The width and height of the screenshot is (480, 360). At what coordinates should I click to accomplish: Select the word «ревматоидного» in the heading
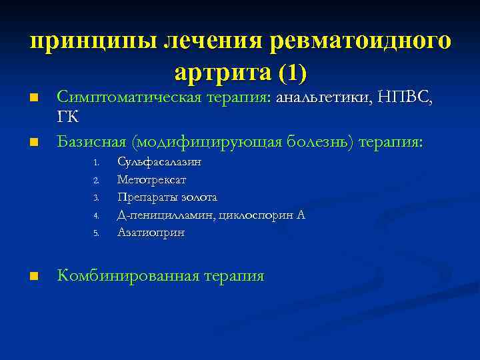point(361,41)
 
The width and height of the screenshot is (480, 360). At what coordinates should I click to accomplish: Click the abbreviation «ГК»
point(68,117)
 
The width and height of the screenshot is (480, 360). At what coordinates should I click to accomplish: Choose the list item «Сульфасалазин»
point(159,162)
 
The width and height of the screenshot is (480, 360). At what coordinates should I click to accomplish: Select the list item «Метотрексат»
point(151,179)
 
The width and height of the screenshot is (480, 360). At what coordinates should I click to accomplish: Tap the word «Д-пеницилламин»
point(161,215)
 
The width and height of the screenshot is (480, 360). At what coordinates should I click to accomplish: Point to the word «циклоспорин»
point(254,215)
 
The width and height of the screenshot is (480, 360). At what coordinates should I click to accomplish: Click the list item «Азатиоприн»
point(151,233)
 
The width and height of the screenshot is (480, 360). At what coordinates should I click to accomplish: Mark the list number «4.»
point(96,216)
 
